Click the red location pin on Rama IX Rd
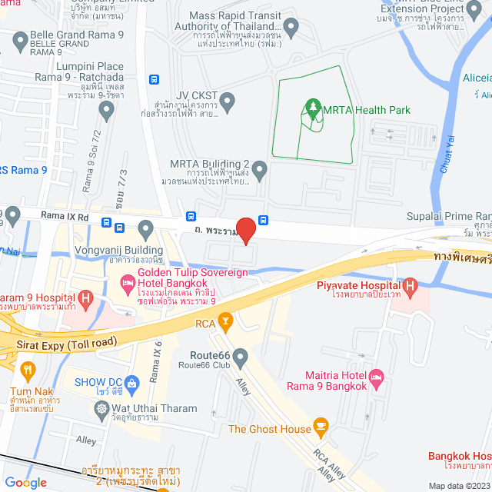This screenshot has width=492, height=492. (x=245, y=229)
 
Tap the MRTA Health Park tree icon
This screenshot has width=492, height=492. (x=313, y=108)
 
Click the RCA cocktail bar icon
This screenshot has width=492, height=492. (x=225, y=321)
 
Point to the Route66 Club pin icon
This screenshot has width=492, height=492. (x=241, y=356)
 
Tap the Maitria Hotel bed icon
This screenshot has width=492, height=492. (x=376, y=378)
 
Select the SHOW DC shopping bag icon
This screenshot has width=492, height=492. (x=132, y=381)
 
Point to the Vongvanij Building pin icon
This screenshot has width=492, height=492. (x=146, y=227)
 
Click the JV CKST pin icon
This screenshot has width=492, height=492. (x=228, y=101)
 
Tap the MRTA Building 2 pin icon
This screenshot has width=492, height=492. (x=260, y=168)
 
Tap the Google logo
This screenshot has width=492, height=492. (x=26, y=482)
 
